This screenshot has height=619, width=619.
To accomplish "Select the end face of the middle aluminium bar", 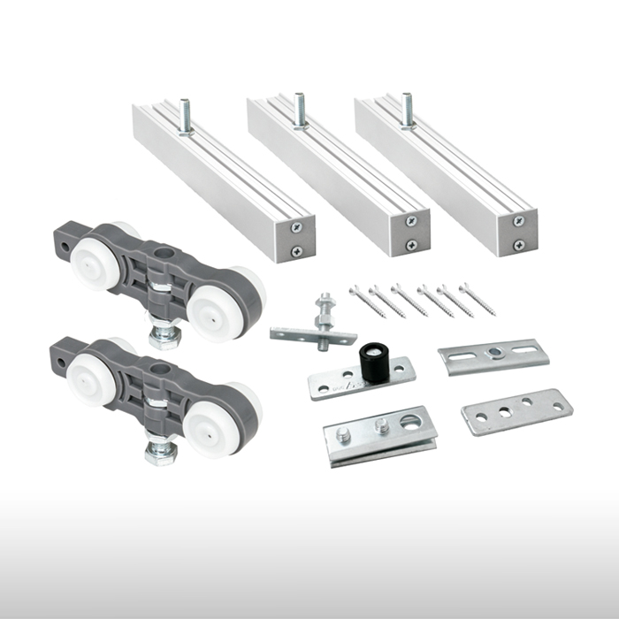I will [x=411, y=232].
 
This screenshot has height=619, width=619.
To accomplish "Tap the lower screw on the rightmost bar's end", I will [x=518, y=245].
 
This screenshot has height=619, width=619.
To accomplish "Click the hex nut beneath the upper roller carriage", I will [x=163, y=337].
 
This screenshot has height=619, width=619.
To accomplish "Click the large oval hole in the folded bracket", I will [x=411, y=422].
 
